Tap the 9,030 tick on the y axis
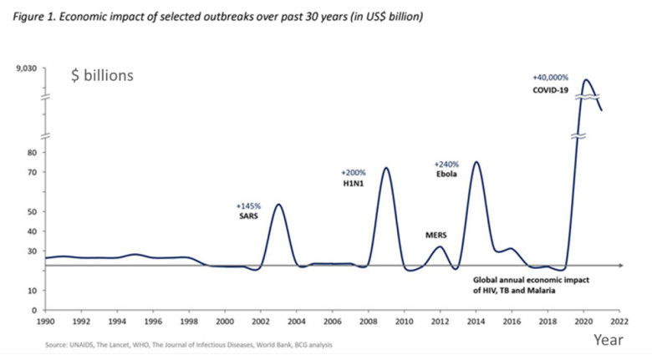coord(27,68)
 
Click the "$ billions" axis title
coord(102,76)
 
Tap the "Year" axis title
coord(608,340)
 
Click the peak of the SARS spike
coord(278,204)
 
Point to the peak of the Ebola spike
coord(476,162)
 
